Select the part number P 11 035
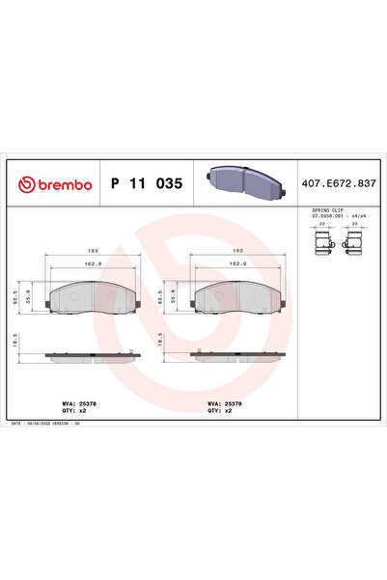[147, 183]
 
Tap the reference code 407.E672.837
[338, 183]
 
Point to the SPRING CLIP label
[326, 209]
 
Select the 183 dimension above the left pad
[95, 250]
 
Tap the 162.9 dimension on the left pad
[95, 262]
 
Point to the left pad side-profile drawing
[95, 355]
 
